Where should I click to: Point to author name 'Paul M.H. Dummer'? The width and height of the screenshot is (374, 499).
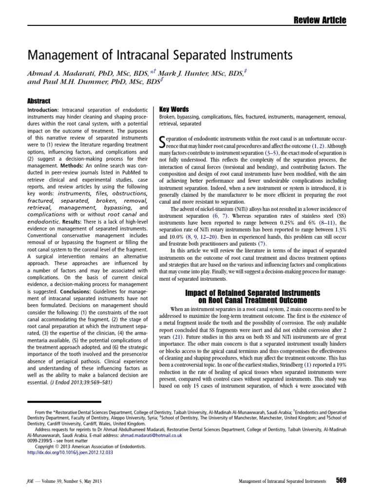click(x=75, y=81)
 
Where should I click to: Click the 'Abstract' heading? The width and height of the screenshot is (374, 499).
click(x=38, y=101)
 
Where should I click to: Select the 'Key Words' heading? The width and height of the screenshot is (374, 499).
click(x=174, y=109)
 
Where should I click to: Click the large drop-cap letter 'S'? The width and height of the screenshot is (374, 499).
click(x=164, y=142)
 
